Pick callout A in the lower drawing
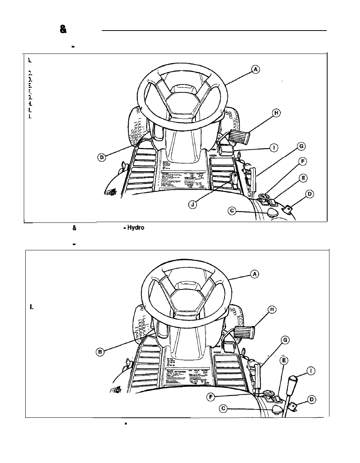pos(255,274)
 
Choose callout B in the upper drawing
pos(101,157)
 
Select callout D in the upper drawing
pos(309,194)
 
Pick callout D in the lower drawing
pos(312,399)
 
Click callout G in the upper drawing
pos(301,146)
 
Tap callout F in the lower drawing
pos(212,397)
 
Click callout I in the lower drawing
pos(311,371)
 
